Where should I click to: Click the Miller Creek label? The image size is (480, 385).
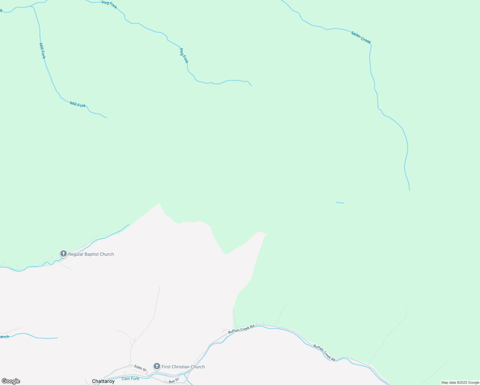[361, 38]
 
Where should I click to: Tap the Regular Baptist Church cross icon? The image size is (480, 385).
[64, 254]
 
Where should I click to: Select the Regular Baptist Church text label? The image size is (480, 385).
[91, 254]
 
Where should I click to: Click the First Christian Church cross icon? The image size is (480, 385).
[157, 366]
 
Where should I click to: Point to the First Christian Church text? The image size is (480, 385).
[183, 367]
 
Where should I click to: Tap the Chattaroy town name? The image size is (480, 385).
[103, 381]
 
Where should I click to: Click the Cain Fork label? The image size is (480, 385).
[131, 379]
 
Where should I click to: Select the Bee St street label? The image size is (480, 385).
[174, 381]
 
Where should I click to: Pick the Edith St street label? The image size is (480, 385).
[140, 368]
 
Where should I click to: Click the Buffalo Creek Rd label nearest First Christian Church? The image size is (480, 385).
[241, 329]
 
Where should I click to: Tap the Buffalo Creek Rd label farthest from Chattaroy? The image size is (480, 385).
[324, 353]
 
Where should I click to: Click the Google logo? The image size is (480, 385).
[11, 381]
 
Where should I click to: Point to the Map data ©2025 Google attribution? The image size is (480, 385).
[460, 382]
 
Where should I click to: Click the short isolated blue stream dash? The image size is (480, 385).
[340, 202]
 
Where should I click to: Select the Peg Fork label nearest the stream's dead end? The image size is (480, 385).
[184, 56]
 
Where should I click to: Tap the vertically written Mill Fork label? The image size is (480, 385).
[42, 51]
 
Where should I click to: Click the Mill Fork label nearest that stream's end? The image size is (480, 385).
[78, 104]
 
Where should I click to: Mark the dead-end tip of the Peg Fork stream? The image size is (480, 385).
[251, 86]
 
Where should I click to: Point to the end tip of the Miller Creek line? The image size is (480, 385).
[409, 190]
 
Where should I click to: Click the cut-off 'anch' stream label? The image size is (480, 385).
[4, 337]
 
